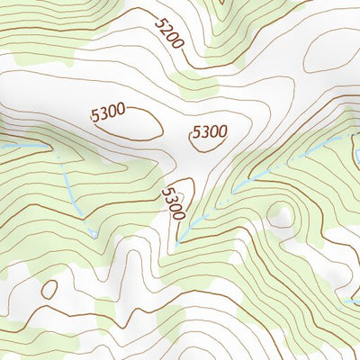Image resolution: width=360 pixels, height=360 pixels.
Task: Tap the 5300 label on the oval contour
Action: (107, 114)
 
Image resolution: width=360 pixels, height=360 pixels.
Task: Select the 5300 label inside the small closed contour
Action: (209, 132)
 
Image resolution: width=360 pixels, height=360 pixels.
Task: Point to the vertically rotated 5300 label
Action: (174, 204)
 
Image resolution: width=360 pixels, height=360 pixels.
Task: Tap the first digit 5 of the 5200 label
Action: (158, 23)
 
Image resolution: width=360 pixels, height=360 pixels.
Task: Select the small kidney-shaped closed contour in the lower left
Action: (49, 289)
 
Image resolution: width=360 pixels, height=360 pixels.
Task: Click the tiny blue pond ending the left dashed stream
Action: (94, 232)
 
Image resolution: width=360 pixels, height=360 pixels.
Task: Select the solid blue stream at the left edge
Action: (18, 145)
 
